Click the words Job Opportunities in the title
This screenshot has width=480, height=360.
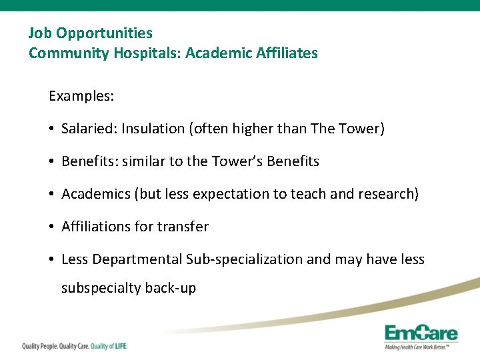click(x=90, y=33)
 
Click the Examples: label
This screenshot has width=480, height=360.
click(x=81, y=96)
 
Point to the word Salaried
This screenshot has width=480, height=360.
click(x=87, y=129)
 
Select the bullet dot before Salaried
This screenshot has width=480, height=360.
click(x=52, y=129)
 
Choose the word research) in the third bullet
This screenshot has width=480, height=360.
click(x=389, y=194)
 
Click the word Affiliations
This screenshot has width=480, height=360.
click(x=96, y=227)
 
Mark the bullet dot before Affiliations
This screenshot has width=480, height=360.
click(x=52, y=227)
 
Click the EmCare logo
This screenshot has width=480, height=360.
click(x=421, y=335)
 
